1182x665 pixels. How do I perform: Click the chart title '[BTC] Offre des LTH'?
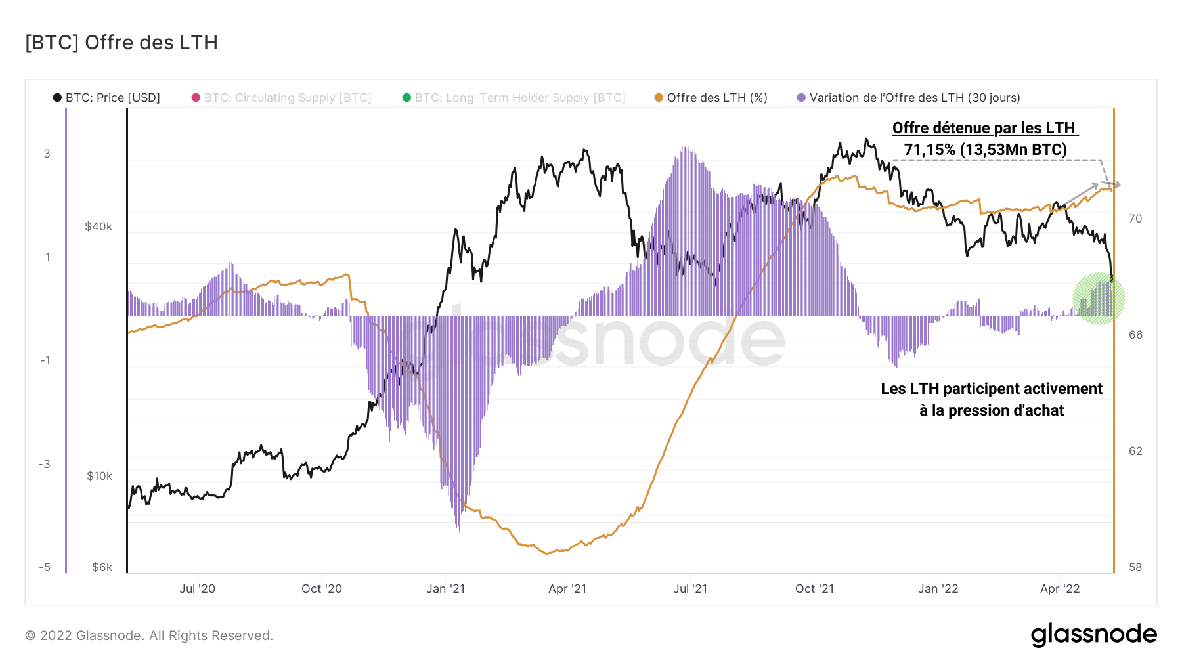(121, 43)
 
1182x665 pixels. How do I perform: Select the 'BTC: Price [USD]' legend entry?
(106, 98)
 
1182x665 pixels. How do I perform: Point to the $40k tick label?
(98, 227)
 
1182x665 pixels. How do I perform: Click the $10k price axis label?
(99, 476)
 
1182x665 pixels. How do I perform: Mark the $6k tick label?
(102, 567)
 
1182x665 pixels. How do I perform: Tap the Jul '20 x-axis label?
(197, 589)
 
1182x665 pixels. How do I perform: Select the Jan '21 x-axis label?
(445, 589)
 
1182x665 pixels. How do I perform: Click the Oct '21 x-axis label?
(814, 589)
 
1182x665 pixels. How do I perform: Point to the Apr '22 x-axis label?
(1060, 589)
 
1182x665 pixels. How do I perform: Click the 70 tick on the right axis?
(1135, 219)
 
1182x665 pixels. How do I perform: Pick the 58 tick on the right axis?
(1135, 567)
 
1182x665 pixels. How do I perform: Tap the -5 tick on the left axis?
(45, 567)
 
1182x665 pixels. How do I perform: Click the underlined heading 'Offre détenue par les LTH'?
(984, 128)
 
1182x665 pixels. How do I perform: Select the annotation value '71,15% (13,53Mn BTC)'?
(985, 150)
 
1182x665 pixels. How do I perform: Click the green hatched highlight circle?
(1099, 299)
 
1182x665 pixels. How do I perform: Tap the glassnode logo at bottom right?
(1093, 635)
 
